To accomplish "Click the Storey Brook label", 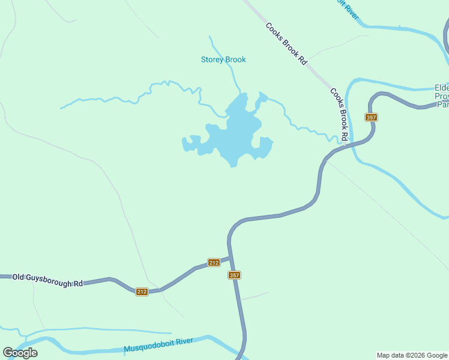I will (x=223, y=59).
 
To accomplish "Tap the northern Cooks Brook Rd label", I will (x=286, y=44).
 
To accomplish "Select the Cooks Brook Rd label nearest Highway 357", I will (x=339, y=115).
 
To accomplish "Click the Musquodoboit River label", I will (x=158, y=345).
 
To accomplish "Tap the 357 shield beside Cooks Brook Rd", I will (x=371, y=117).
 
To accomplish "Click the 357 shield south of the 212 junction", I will (x=234, y=275).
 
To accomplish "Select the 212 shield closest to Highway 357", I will (x=214, y=262).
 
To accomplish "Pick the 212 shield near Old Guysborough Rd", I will (x=142, y=292).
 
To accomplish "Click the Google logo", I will (x=20, y=353).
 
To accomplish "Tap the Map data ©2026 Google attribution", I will (x=412, y=355).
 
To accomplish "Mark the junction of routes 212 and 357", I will (x=231, y=258).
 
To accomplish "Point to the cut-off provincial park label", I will (x=442, y=95).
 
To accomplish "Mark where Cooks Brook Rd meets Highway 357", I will (x=344, y=145).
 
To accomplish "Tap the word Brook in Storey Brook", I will (x=235, y=59).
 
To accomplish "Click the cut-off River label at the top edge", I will (x=348, y=8).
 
